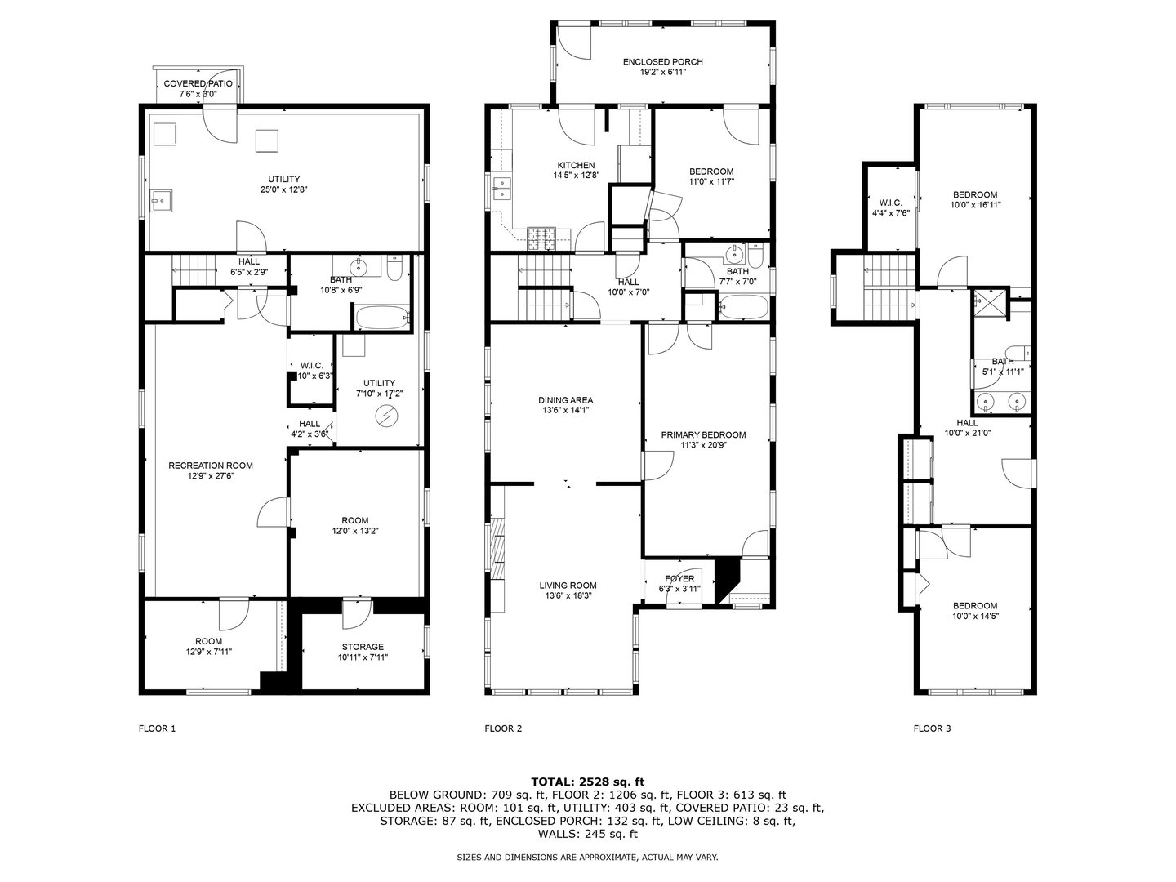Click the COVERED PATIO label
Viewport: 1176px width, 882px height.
[x=198, y=83]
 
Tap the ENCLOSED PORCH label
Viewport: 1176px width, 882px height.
[x=662, y=61]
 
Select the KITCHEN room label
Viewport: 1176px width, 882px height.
[x=576, y=165]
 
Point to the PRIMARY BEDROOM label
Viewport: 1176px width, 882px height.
[x=703, y=434]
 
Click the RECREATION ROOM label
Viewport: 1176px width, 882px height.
[x=211, y=465]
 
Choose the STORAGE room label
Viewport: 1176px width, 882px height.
[x=362, y=647]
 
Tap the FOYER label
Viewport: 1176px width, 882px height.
[x=679, y=579]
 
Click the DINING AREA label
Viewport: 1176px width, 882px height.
[x=565, y=400]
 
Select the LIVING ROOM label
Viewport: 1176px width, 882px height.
[x=568, y=585]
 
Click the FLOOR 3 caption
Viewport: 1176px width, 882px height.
[x=932, y=728]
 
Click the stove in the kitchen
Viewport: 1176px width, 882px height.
[x=541, y=238]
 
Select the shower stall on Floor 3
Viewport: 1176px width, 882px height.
[x=989, y=302]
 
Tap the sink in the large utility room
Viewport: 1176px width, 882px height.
[x=162, y=199]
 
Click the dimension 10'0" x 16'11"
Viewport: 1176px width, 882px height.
[x=975, y=205]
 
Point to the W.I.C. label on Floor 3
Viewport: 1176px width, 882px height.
[x=889, y=202]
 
